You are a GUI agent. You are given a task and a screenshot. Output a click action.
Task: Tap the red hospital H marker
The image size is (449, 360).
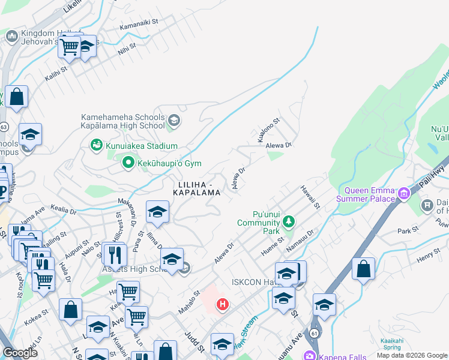pyautogui.click(x=223, y=305)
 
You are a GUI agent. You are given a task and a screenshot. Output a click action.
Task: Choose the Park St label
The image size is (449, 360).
pyautogui.click(x=407, y=230)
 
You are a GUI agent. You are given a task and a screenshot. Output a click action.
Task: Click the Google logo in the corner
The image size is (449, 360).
pyautogui.click(x=20, y=353)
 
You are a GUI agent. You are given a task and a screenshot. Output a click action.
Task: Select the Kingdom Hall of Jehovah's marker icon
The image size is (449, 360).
pyautogui.click(x=11, y=37)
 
